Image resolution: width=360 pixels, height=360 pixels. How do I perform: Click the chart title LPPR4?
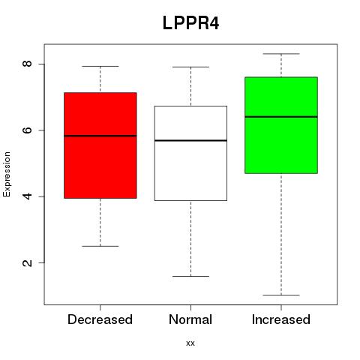[190, 23]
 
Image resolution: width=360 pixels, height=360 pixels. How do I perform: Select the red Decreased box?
[100, 145]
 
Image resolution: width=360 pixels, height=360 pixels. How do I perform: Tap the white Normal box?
[190, 153]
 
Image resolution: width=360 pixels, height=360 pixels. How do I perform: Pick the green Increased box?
[281, 125]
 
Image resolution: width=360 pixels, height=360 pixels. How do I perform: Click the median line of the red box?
[100, 136]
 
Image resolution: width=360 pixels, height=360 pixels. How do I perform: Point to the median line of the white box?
[190, 140]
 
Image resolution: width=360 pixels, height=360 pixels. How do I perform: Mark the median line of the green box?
[281, 117]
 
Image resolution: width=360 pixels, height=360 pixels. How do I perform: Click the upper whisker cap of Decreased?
[100, 66]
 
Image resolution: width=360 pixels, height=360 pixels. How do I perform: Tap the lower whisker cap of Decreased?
[100, 246]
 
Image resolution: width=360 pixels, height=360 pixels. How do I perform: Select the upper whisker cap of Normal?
[190, 67]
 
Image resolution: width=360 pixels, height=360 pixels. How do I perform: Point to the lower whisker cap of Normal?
[190, 276]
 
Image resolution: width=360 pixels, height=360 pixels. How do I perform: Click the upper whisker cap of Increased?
[281, 54]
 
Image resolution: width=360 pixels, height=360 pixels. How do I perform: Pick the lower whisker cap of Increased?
[281, 295]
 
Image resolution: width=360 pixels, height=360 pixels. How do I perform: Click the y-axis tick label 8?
[27, 64]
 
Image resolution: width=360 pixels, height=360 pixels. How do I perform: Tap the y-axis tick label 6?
[27, 130]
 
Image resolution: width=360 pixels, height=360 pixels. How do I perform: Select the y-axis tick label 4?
[27, 196]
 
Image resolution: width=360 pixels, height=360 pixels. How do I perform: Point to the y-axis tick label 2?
[27, 262]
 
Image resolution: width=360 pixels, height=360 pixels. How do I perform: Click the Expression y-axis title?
[7, 174]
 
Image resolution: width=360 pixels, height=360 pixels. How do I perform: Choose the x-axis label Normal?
[190, 319]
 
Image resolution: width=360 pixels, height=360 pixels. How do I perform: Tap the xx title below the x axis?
[190, 343]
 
